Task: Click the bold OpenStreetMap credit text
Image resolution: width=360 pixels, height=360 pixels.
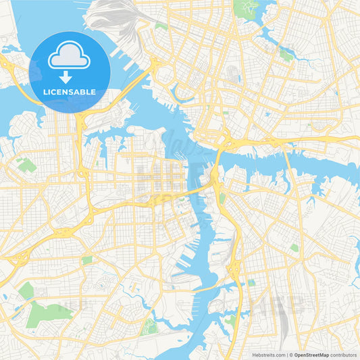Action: point(311,355)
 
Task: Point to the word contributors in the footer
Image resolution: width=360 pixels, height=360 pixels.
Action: point(344,355)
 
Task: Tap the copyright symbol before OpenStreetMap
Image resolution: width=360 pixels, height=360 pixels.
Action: point(291,355)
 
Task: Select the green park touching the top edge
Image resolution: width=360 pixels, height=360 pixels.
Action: point(247,7)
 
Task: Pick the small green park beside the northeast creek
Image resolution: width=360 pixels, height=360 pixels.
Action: point(286,55)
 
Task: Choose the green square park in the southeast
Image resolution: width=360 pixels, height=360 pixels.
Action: point(294,248)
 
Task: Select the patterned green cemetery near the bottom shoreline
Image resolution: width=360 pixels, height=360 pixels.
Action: point(149,328)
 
